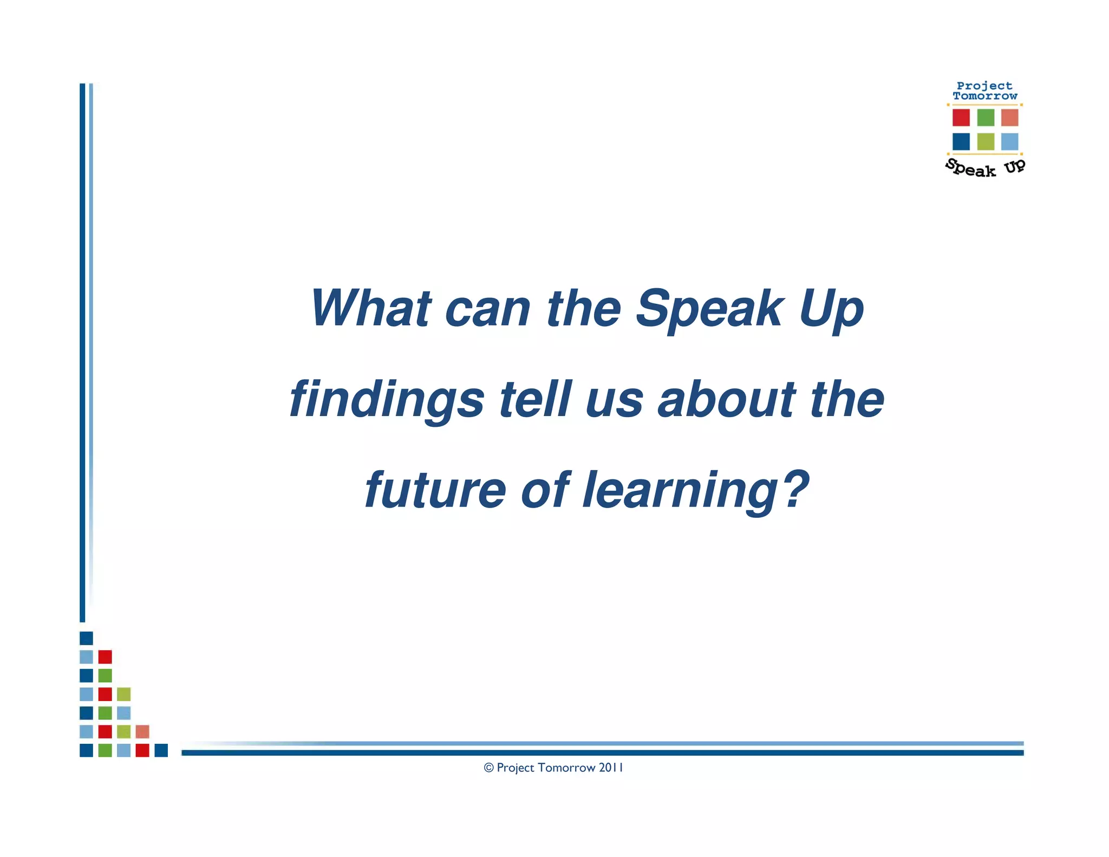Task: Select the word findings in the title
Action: pos(387,400)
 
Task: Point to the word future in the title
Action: pos(435,490)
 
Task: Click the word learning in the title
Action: pos(680,491)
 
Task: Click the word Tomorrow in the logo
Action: pos(985,96)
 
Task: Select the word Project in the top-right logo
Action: pos(984,86)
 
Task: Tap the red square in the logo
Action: pos(961,118)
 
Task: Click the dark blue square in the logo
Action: pos(961,141)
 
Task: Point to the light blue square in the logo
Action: pos(1009,141)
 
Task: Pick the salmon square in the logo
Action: pos(1009,118)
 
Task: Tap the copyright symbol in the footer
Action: pos(488,768)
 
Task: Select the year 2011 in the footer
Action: pos(611,768)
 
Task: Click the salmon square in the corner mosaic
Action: pos(142,731)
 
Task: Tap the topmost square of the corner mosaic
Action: pos(86,638)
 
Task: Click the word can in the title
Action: pos(487,309)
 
